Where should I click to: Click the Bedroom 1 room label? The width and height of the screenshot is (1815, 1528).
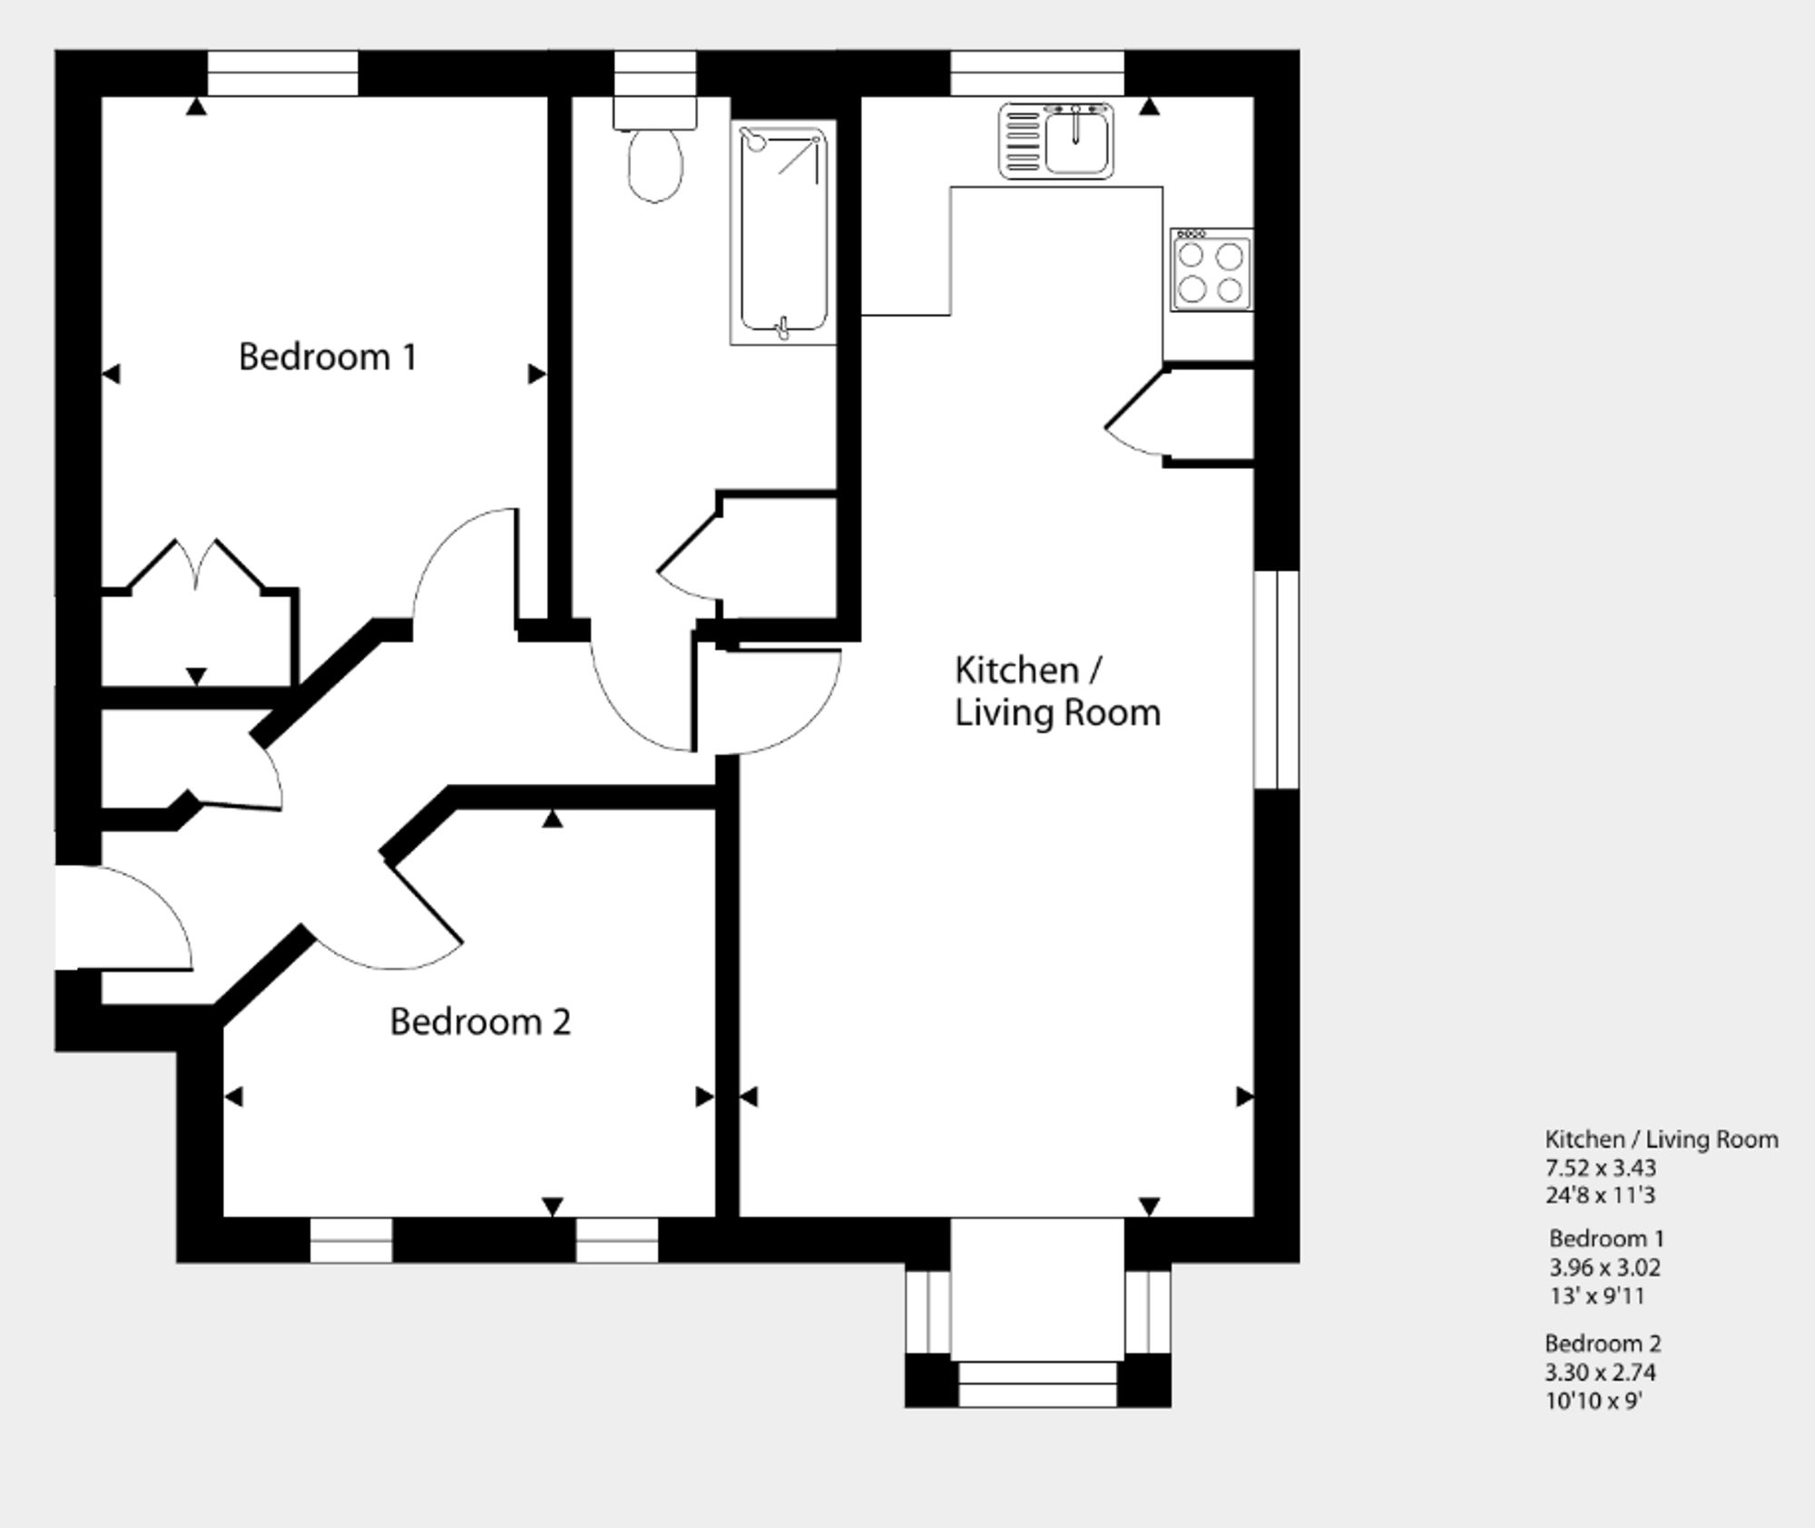pyautogui.click(x=328, y=357)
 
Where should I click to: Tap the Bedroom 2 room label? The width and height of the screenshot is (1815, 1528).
pyautogui.click(x=480, y=1022)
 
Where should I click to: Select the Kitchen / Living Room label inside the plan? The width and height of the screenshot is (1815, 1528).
pyautogui.click(x=1057, y=691)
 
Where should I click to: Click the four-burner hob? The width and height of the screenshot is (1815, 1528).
pyautogui.click(x=1211, y=270)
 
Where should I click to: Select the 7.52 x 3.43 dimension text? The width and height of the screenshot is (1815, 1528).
pyautogui.click(x=1601, y=1168)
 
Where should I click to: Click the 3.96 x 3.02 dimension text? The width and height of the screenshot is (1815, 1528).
pyautogui.click(x=1605, y=1268)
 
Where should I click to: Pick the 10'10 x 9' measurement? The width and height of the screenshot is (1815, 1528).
pyautogui.click(x=1594, y=1400)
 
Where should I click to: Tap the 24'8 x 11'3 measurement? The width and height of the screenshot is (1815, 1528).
pyautogui.click(x=1601, y=1195)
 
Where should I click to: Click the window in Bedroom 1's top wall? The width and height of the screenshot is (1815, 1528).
pyautogui.click(x=283, y=73)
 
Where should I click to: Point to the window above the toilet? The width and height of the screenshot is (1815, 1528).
pyautogui.click(x=655, y=73)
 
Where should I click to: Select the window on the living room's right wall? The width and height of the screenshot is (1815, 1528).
pyautogui.click(x=1277, y=680)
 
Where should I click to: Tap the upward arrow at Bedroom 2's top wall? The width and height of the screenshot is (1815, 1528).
pyautogui.click(x=553, y=818)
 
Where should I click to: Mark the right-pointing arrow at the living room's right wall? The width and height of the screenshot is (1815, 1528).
pyautogui.click(x=1245, y=1097)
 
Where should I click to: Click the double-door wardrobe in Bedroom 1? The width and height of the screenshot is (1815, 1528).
pyautogui.click(x=199, y=612)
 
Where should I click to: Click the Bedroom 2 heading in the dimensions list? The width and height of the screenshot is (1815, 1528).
pyautogui.click(x=1604, y=1343)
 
